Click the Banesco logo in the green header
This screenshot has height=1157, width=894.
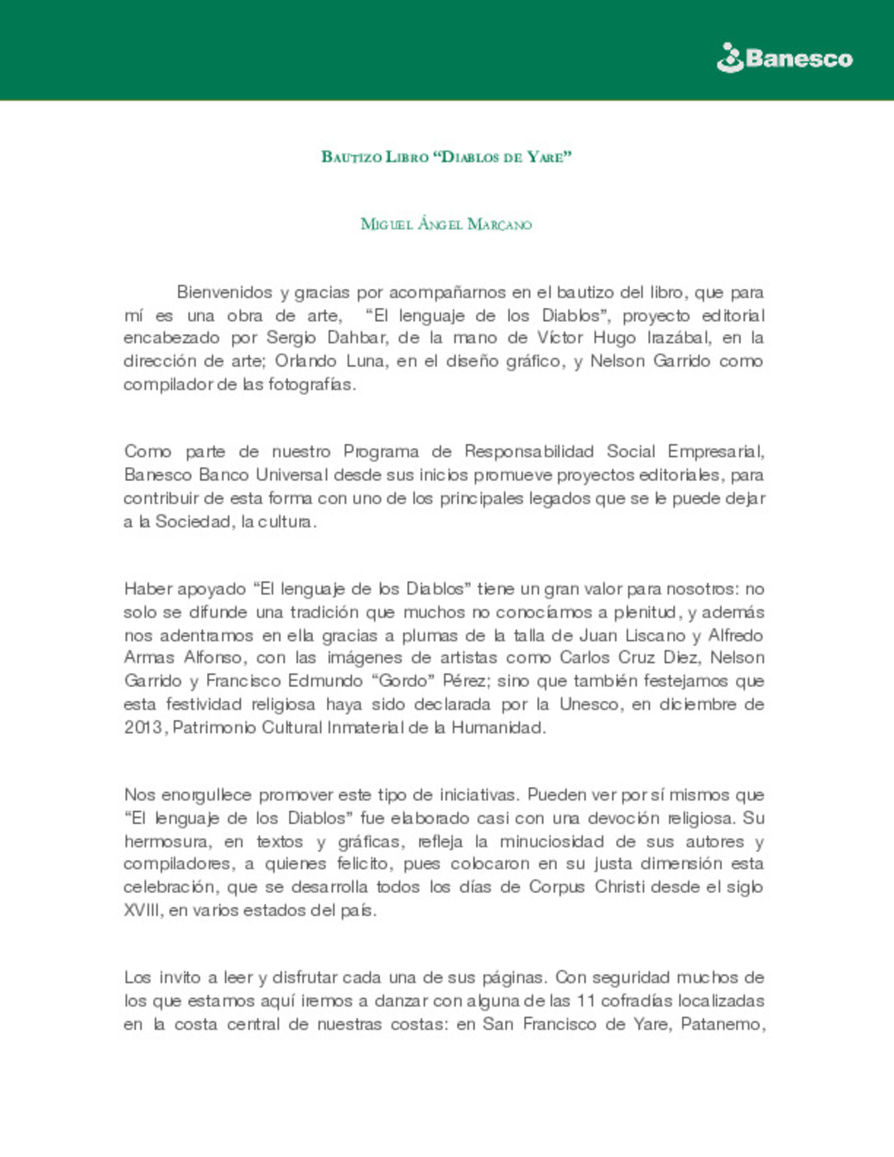[784, 58]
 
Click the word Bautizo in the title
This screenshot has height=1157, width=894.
[352, 156]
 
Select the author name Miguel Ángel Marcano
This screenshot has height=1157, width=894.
[446, 224]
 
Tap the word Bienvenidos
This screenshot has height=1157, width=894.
[224, 292]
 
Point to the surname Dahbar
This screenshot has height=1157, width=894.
[357, 338]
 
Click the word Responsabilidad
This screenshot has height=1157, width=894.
[529, 451]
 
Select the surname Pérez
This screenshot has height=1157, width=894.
[464, 681]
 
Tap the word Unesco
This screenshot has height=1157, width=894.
[589, 704]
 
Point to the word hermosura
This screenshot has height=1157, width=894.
[166, 842]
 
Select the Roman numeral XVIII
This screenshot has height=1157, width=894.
[143, 910]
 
